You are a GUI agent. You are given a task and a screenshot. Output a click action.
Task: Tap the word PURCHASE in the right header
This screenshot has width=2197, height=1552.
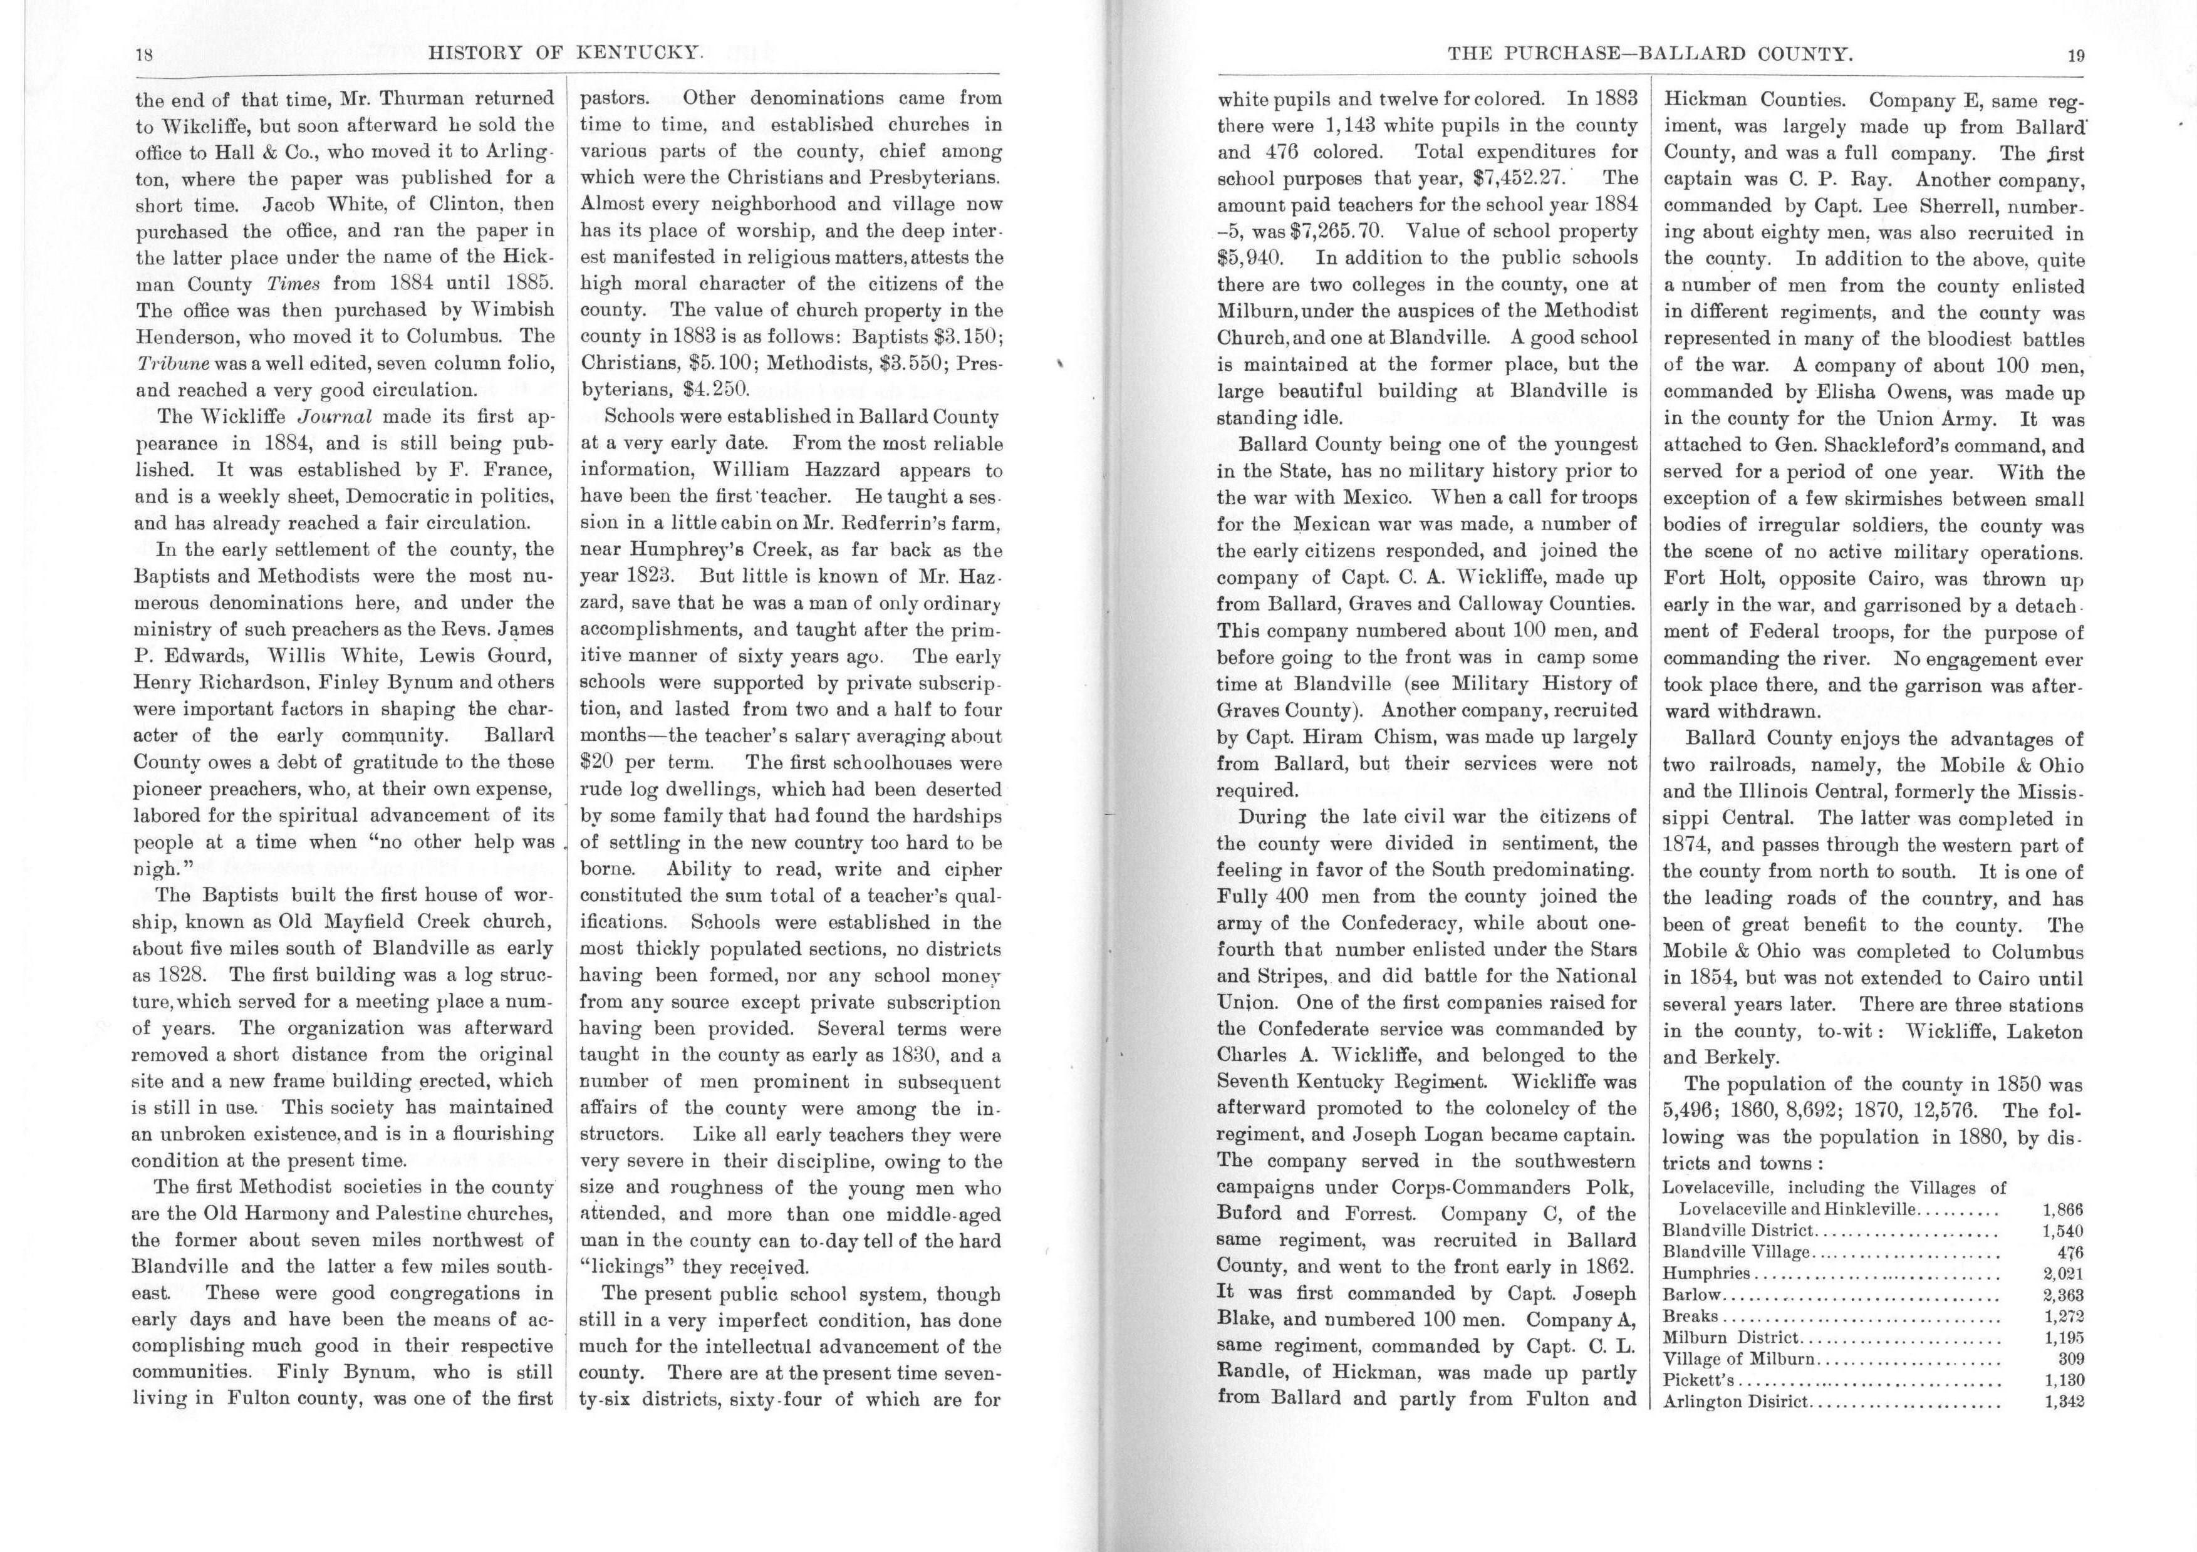tap(1542, 56)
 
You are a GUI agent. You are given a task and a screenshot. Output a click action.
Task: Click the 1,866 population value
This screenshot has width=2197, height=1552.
tap(2062, 1209)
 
